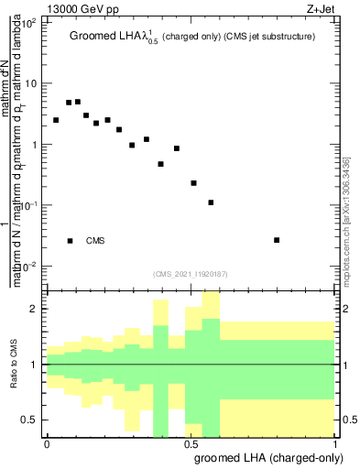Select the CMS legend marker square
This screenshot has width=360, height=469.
point(70,241)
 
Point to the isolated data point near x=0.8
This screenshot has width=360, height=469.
point(277,240)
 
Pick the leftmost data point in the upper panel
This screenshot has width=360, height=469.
point(56,120)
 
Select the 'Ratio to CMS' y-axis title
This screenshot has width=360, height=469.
point(14,365)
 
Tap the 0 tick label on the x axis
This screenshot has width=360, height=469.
point(47,442)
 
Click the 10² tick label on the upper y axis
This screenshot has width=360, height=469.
point(30,23)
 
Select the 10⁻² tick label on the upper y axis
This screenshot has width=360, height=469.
point(30,267)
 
